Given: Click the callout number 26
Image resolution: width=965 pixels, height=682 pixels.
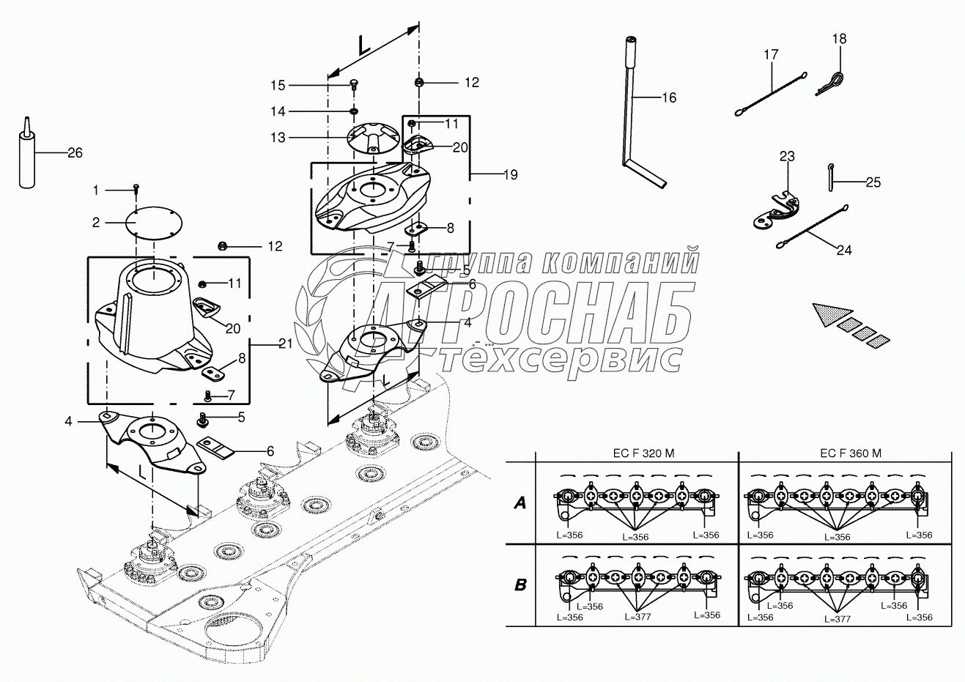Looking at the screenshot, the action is pos(75,153).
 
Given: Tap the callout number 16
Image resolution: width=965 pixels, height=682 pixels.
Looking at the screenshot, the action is pos(669,98).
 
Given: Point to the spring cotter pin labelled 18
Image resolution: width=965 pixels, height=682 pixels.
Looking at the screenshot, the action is pos(829,84).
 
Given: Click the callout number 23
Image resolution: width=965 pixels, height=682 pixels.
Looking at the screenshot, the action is pos(787,156).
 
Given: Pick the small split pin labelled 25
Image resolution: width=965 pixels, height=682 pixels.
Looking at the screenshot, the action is pos(831,177).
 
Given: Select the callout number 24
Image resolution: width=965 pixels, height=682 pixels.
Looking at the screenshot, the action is pos(844,251).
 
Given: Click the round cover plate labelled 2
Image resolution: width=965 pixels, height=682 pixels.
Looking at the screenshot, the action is pos(154,223).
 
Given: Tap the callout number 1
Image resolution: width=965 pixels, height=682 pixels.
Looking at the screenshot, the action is pos(96,190).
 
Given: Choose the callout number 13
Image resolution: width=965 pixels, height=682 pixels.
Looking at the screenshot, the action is pos(278,138).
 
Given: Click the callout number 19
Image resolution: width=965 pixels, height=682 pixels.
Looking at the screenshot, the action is pos(511,175).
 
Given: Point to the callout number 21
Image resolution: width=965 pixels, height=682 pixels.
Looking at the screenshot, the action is pos(286,344).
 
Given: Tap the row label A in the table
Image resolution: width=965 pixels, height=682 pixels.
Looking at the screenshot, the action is pos(520,503).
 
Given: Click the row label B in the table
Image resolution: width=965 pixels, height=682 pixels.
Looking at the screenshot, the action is pos(521,585).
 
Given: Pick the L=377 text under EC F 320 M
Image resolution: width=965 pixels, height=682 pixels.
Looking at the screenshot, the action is pos(637,618).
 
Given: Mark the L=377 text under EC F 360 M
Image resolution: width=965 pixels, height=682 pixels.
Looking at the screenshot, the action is pos(838,620).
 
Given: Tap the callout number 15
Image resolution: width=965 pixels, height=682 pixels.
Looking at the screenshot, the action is pos(278,86).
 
